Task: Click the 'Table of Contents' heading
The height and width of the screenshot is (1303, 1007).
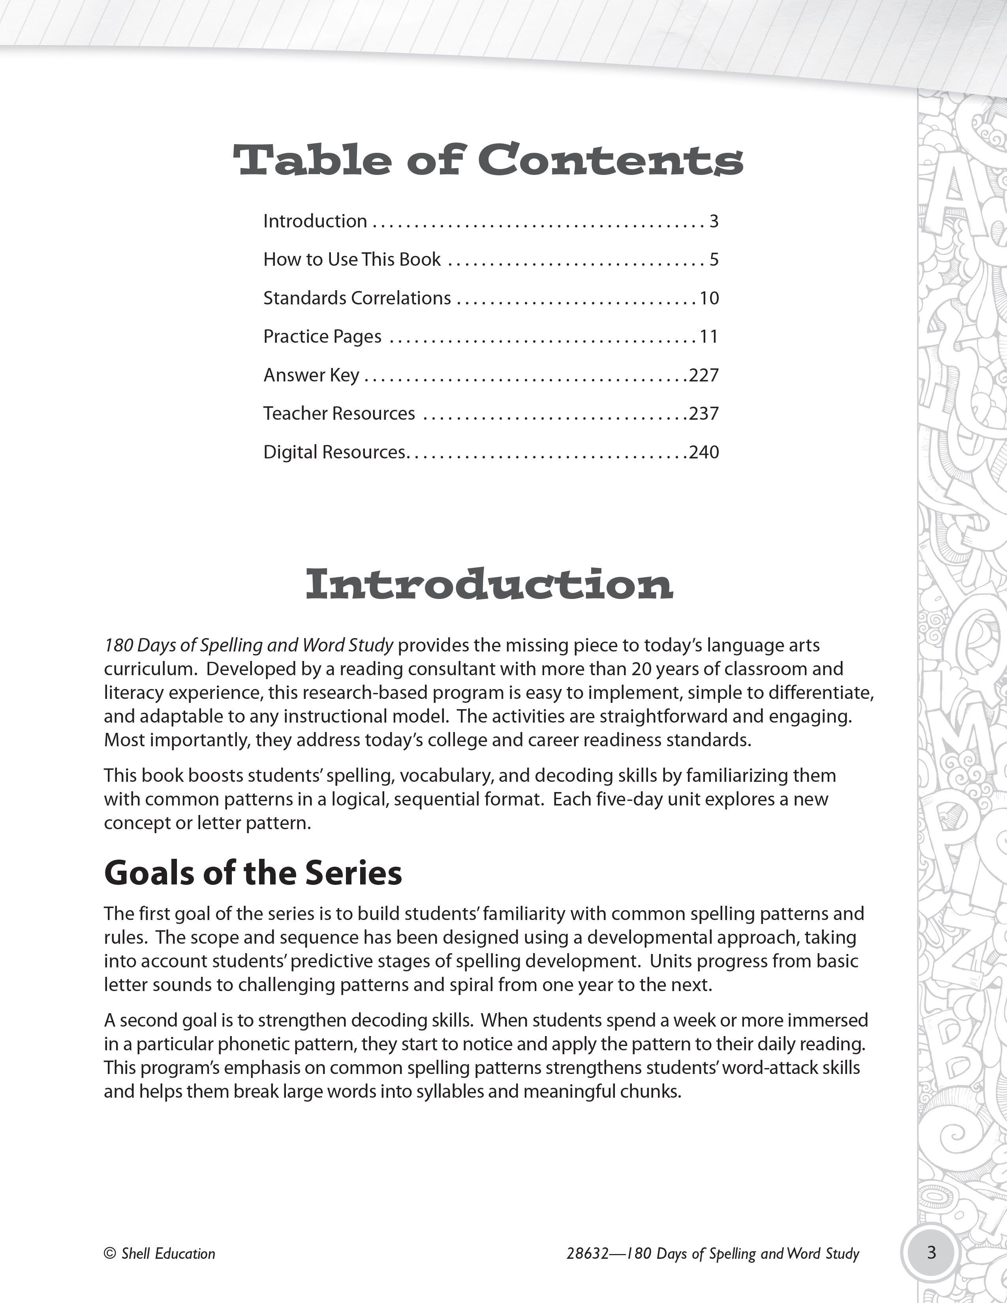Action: [x=488, y=160]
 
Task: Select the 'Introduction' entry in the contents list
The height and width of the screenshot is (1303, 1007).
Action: [x=315, y=222]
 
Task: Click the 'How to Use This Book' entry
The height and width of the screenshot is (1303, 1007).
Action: [x=352, y=259]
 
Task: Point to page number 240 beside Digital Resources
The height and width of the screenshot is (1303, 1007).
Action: [x=704, y=452]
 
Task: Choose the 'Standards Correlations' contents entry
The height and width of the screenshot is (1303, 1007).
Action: [x=357, y=298]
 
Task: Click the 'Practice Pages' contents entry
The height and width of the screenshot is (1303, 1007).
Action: [x=322, y=336]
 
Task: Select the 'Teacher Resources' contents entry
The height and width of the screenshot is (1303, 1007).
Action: [x=339, y=413]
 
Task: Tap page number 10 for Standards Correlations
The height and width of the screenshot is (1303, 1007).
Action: [x=709, y=298]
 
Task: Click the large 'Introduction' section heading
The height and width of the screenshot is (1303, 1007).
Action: [x=489, y=585]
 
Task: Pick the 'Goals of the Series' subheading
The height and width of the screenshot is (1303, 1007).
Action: [x=253, y=873]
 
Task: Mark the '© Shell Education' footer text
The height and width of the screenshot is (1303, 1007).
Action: [x=159, y=1254]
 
